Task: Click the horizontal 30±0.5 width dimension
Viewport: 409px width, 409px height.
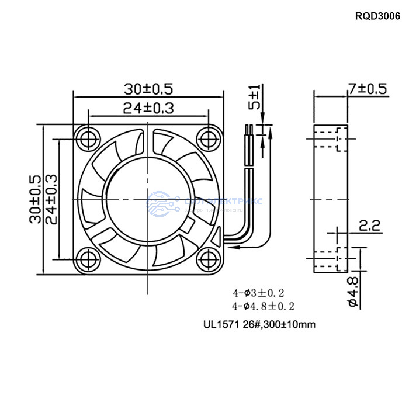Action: coord(148,89)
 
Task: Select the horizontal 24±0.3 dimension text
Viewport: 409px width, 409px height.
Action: coord(148,108)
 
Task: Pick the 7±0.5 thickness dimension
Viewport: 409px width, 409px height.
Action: coord(368,89)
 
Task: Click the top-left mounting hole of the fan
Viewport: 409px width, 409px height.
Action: coord(89,138)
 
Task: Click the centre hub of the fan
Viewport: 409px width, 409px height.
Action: coord(148,198)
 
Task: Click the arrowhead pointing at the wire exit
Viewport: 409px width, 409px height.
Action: coord(234,247)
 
